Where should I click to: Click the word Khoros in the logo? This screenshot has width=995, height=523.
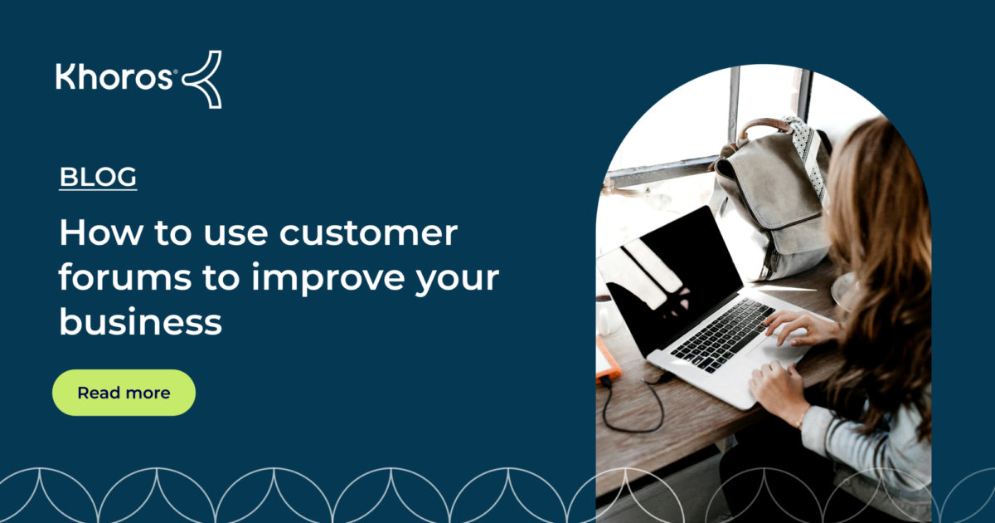pyautogui.click(x=114, y=78)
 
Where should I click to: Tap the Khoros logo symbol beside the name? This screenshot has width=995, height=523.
pyautogui.click(x=202, y=79)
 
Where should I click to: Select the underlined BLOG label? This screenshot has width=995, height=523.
pyautogui.click(x=98, y=177)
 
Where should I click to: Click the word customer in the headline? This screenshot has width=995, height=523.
pyautogui.click(x=368, y=233)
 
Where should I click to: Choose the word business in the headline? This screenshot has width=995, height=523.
pyautogui.click(x=140, y=322)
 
